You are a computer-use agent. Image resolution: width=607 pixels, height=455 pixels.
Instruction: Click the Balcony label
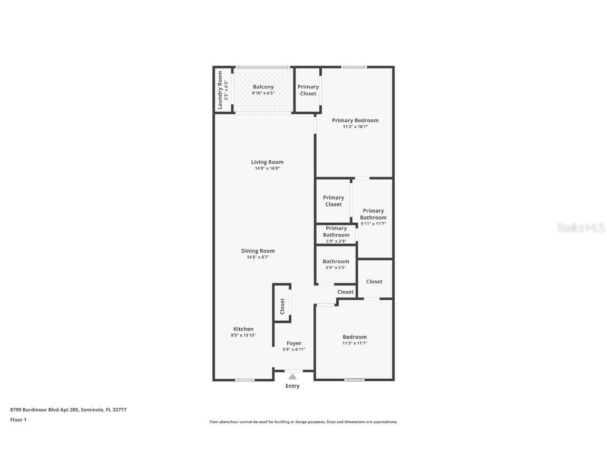pyautogui.click(x=263, y=87)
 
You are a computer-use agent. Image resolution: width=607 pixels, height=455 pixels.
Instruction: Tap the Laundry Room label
pyautogui.click(x=220, y=90)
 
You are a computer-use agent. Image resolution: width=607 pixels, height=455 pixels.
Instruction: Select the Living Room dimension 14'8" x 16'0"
pyautogui.click(x=267, y=169)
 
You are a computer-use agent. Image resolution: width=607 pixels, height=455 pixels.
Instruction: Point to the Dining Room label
pyautogui.click(x=258, y=251)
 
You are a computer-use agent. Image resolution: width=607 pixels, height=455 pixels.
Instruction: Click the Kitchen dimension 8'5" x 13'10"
pyautogui.click(x=243, y=335)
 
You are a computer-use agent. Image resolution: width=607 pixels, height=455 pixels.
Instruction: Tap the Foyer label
pyautogui.click(x=293, y=343)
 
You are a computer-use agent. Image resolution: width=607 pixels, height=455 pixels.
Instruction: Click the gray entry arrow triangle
pyautogui.click(x=292, y=376)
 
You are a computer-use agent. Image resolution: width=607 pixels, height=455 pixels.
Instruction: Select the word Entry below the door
pyautogui.click(x=292, y=386)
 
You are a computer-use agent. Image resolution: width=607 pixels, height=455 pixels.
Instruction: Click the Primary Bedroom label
pyautogui.click(x=355, y=121)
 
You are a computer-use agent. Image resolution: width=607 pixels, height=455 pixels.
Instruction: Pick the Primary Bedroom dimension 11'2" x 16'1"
pyautogui.click(x=355, y=127)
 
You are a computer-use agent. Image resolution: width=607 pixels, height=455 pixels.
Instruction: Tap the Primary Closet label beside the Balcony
pyautogui.click(x=308, y=90)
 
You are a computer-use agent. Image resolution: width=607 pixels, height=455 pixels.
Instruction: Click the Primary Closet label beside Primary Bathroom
pyautogui.click(x=333, y=201)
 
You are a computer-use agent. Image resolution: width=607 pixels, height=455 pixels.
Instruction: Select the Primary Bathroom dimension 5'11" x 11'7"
pyautogui.click(x=373, y=224)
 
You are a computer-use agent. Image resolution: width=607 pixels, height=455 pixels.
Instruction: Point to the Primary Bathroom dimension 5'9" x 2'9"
pyautogui.click(x=336, y=241)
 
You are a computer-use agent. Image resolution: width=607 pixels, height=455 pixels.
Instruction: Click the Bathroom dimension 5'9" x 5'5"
pyautogui.click(x=336, y=268)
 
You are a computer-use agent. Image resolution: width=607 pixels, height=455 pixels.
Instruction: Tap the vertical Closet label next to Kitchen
pyautogui.click(x=282, y=306)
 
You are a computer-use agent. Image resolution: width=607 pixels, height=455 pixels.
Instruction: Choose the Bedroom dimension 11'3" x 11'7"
pyautogui.click(x=354, y=343)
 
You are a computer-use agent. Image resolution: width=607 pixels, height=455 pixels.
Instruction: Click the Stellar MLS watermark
pyautogui.click(x=581, y=228)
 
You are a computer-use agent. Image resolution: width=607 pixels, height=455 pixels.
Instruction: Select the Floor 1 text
pyautogui.click(x=18, y=420)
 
